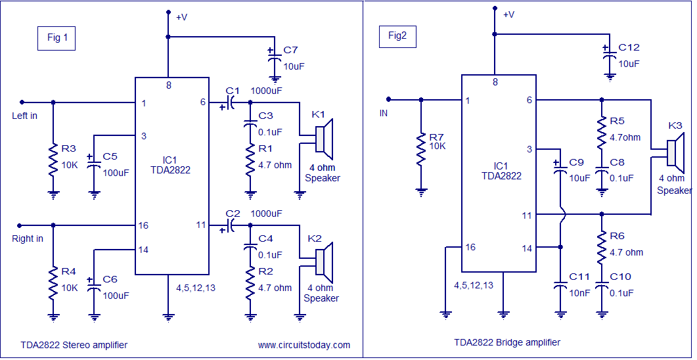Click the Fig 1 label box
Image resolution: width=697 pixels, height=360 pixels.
pos(57,38)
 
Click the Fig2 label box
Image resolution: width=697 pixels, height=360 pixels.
pos(397,36)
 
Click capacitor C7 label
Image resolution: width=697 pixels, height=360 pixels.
pos(290,51)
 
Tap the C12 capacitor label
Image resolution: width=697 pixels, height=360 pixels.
pos(629,48)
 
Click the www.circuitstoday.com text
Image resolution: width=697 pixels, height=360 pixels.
pos(304,345)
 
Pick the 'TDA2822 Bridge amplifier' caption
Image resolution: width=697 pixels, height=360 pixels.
pos(506,342)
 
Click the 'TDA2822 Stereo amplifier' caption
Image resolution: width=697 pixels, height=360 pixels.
pos(73,345)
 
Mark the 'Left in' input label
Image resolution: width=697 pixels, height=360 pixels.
pos(25,116)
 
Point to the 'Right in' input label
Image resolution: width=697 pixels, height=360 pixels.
pos(28,238)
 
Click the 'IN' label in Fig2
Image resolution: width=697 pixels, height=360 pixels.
pos(384,114)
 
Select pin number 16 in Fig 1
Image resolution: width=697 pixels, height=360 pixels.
pos(143,225)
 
